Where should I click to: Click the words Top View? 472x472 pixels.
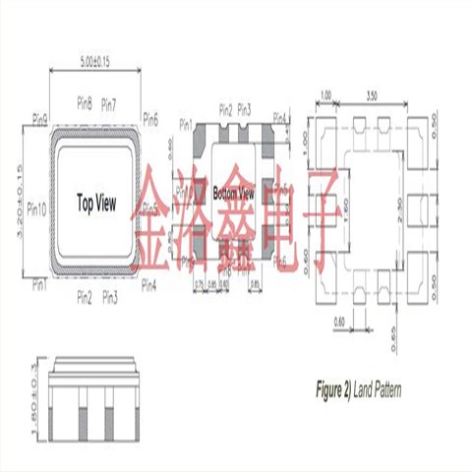tap(96, 204)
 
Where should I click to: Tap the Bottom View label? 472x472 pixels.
tap(234, 194)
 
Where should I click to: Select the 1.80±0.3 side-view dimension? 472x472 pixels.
tap(19, 391)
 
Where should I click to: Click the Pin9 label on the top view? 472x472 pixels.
tap(40, 118)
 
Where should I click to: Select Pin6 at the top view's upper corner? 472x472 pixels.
tap(149, 120)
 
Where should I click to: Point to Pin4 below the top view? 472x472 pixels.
tap(149, 285)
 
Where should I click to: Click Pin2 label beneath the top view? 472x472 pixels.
tap(85, 297)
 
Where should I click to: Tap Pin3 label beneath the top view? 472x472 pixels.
tap(108, 297)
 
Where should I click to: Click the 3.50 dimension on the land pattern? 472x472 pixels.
tap(370, 96)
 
